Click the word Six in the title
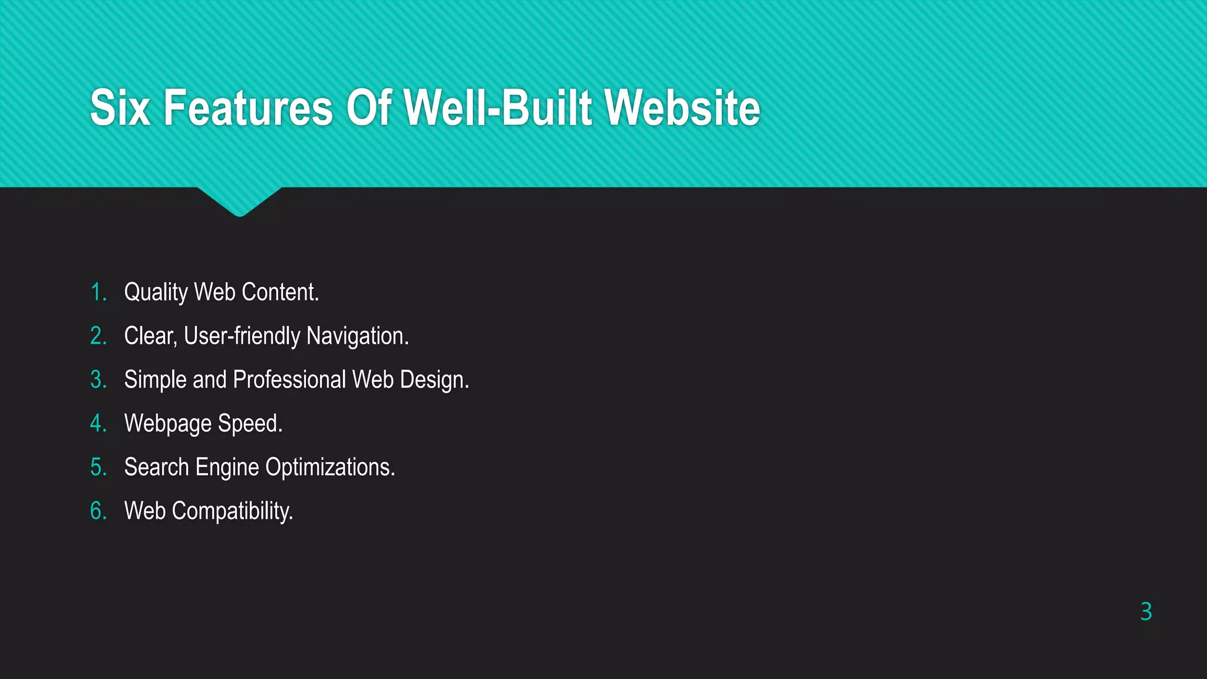[120, 108]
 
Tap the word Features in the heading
[248, 108]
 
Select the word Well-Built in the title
[499, 108]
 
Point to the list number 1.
[98, 292]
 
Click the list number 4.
[98, 424]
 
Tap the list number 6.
[98, 511]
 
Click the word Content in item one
[280, 292]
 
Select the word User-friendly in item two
[242, 336]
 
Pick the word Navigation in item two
[357, 336]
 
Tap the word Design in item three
[434, 380]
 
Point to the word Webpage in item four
[168, 424]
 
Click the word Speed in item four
[250, 424]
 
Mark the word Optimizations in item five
[330, 467]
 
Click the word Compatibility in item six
[232, 511]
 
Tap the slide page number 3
[1146, 612]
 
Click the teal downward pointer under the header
[240, 200]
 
